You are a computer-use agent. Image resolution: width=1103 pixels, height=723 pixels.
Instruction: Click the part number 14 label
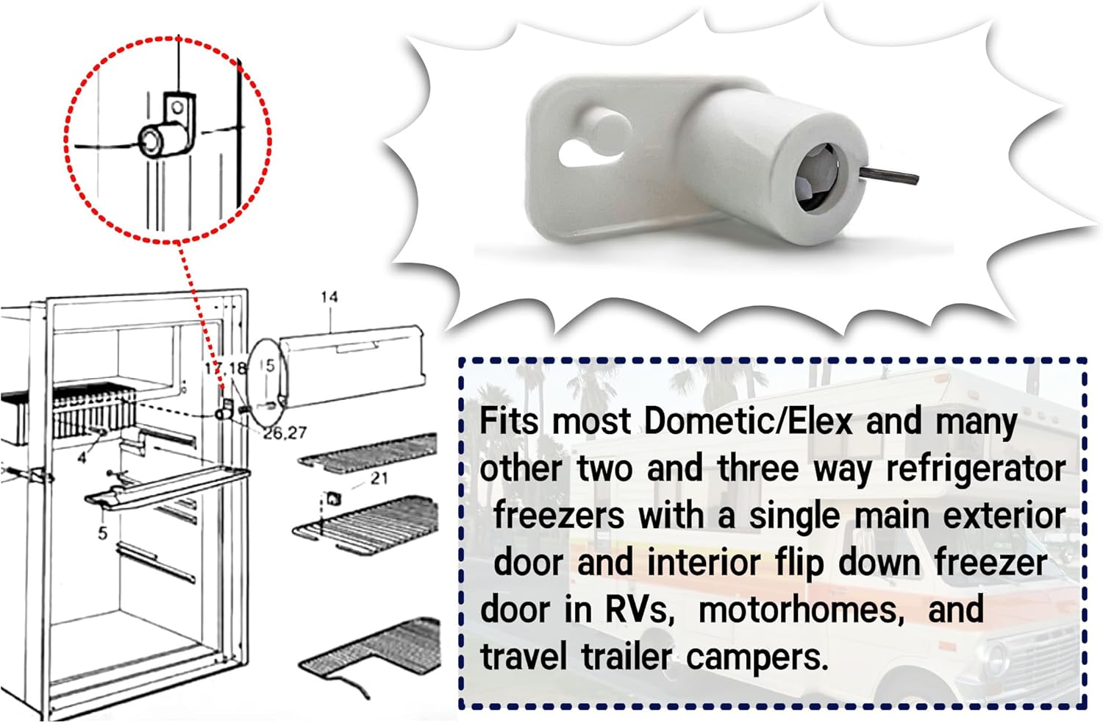point(329,296)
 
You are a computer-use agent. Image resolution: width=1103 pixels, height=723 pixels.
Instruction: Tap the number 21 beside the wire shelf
point(379,478)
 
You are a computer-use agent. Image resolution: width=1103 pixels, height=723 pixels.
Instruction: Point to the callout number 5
point(102,532)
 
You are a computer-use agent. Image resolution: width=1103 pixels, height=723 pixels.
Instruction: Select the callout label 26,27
point(285,433)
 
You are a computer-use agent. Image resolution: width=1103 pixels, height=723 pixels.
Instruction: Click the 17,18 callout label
point(225,368)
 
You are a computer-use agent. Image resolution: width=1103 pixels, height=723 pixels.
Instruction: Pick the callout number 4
point(82,457)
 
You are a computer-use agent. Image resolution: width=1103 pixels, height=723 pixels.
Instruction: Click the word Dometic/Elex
point(748,421)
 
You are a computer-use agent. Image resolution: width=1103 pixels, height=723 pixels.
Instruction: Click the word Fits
point(510,421)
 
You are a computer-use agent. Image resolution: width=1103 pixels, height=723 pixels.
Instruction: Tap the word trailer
point(627,656)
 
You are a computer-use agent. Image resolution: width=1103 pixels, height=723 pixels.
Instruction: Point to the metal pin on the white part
point(890,174)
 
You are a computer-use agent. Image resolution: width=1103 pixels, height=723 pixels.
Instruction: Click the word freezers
point(558,516)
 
